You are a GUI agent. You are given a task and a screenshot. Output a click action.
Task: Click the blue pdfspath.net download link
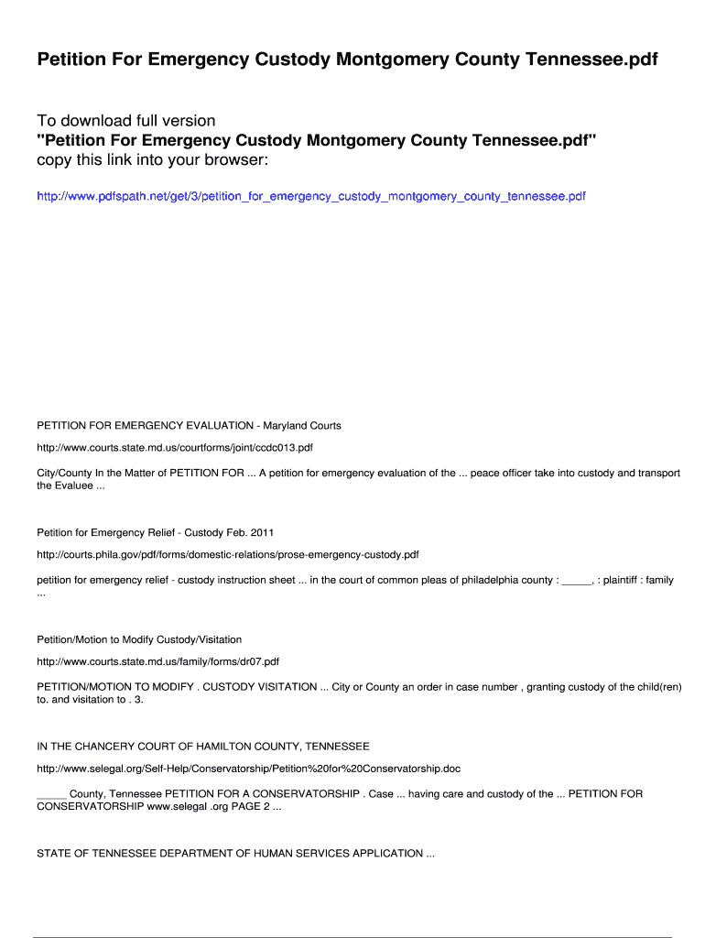click(x=310, y=196)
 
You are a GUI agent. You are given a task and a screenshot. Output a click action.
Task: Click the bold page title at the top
click(x=347, y=60)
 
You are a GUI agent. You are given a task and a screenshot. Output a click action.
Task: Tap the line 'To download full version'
click(x=126, y=121)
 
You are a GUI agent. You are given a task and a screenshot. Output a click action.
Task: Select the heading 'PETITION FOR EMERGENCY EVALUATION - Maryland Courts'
click(x=189, y=425)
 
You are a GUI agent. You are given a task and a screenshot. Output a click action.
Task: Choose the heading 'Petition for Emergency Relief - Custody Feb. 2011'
click(x=156, y=532)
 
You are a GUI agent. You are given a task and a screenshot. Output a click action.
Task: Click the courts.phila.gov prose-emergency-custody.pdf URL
click(x=228, y=555)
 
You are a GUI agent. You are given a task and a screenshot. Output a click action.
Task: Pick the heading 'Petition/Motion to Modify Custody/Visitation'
click(x=139, y=639)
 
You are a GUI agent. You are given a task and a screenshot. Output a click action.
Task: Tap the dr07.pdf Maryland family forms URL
click(x=157, y=661)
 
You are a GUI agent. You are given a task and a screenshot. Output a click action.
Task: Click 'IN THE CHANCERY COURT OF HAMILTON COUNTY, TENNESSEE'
click(x=203, y=746)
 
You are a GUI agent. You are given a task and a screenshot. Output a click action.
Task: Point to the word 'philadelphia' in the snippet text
click(x=488, y=580)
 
